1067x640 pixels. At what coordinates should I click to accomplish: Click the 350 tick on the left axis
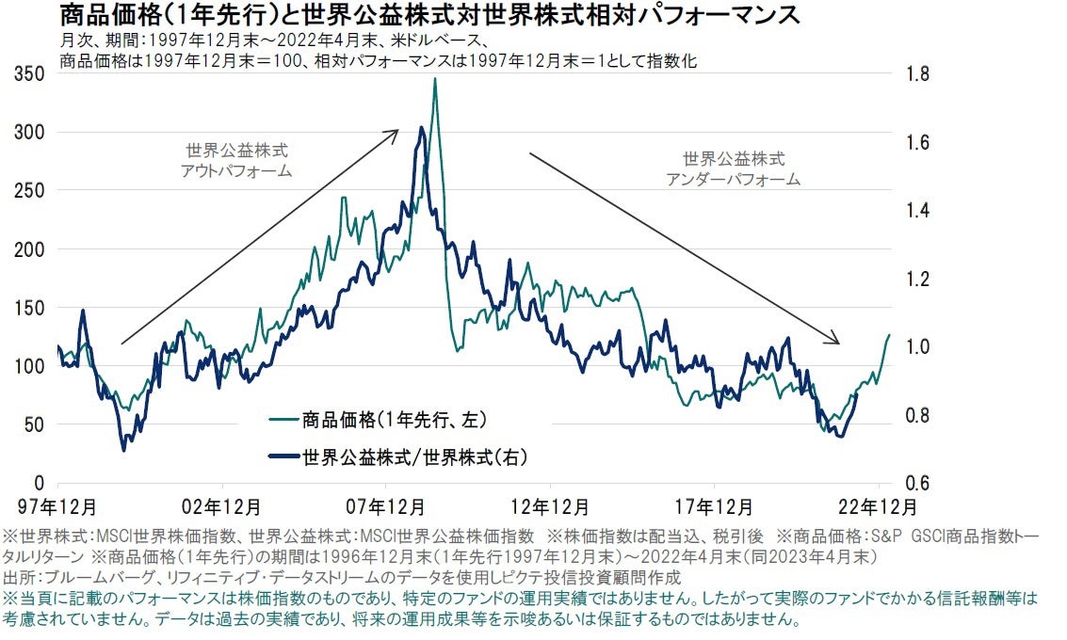32,73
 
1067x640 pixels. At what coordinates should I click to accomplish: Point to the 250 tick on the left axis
32,190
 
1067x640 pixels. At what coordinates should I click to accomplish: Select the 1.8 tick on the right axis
917,73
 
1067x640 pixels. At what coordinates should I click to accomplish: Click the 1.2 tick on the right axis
917,279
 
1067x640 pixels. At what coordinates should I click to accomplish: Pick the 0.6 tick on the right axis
917,483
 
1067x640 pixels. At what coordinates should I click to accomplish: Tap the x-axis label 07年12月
387,506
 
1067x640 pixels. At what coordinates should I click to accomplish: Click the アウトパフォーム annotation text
236,171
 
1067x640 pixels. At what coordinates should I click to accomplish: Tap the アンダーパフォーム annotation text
733,179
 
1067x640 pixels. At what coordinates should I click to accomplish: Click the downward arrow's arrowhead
836,342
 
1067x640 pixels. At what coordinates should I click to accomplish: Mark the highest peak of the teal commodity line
434,79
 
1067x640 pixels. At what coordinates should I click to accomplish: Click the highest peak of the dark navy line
420,128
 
